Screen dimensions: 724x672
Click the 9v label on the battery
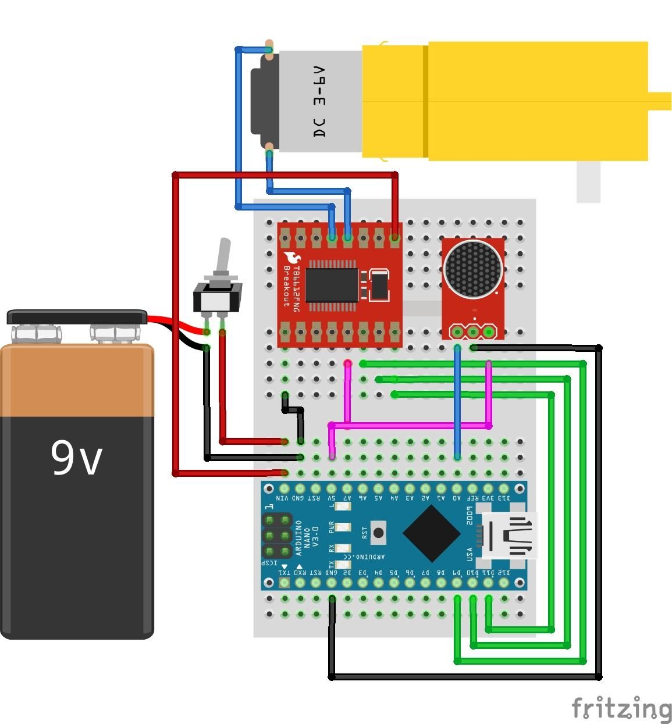coord(77,458)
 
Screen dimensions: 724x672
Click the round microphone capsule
coord(472,269)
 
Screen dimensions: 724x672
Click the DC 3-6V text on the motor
coord(319,102)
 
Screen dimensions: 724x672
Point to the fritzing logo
coord(621,708)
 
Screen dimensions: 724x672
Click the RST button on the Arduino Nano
coord(379,532)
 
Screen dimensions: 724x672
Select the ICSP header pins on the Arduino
coord(277,535)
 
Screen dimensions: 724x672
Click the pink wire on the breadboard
coord(407,426)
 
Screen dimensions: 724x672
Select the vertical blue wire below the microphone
coord(457,401)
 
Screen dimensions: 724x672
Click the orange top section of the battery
coord(77,381)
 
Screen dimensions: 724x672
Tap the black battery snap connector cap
coord(77,317)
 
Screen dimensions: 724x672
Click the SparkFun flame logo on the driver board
coord(291,257)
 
